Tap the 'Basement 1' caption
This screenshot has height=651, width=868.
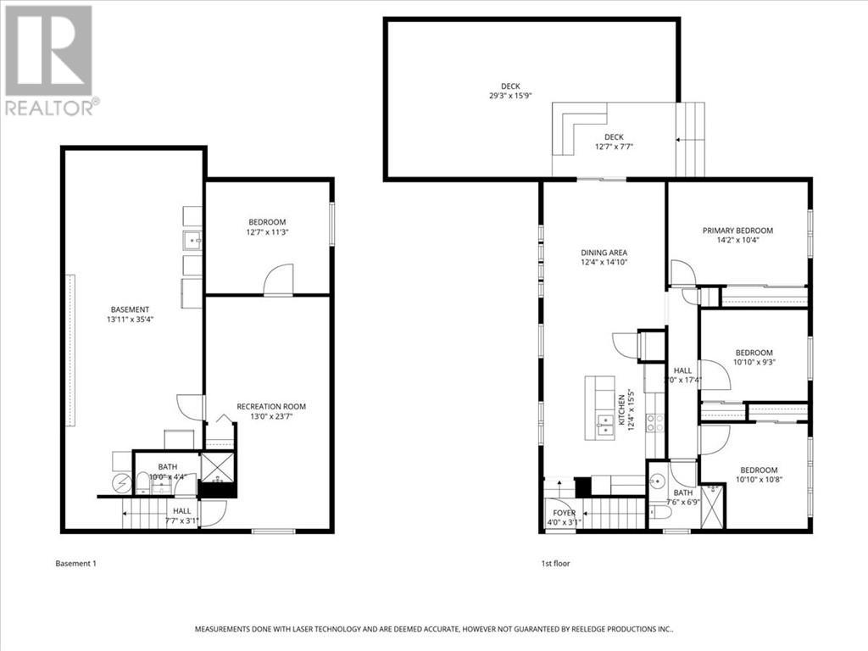(x=76, y=563)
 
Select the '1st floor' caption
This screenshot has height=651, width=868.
(x=556, y=563)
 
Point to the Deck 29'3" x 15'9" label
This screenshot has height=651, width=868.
(x=509, y=91)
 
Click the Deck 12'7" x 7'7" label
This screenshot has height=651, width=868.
(x=614, y=142)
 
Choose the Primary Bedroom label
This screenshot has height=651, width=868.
(x=737, y=235)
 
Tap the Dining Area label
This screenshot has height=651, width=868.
(x=604, y=257)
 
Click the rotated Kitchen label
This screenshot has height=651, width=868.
(x=626, y=412)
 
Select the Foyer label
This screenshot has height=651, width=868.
(x=564, y=517)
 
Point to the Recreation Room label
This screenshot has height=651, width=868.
(x=271, y=411)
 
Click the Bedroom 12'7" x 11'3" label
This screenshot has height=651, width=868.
(x=267, y=226)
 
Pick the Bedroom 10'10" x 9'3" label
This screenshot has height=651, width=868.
(x=754, y=357)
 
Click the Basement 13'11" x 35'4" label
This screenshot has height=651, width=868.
(x=130, y=314)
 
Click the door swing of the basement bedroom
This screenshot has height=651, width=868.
(x=278, y=281)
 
